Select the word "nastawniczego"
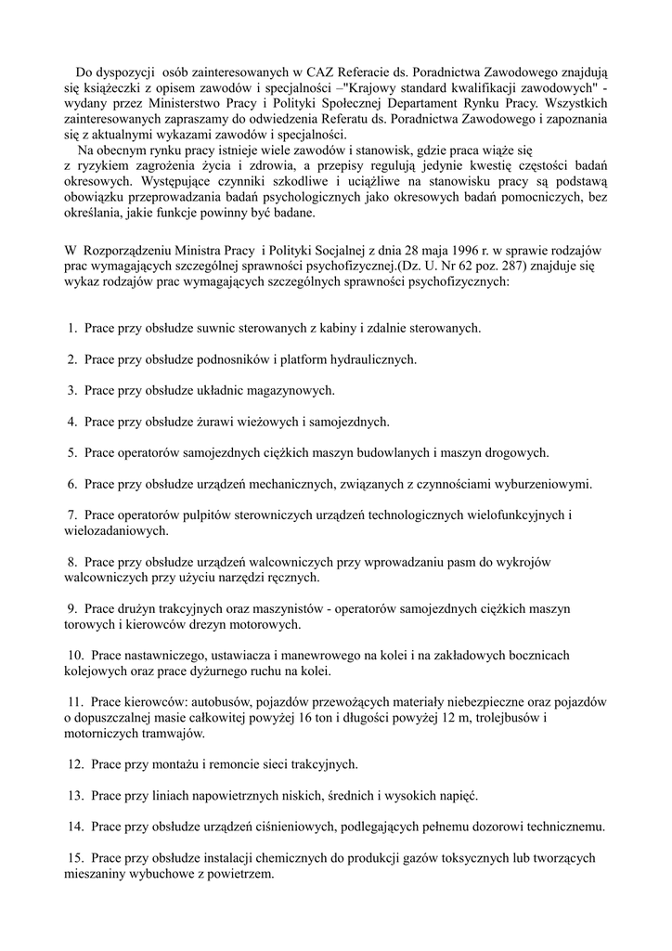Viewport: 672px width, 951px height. point(167,656)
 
